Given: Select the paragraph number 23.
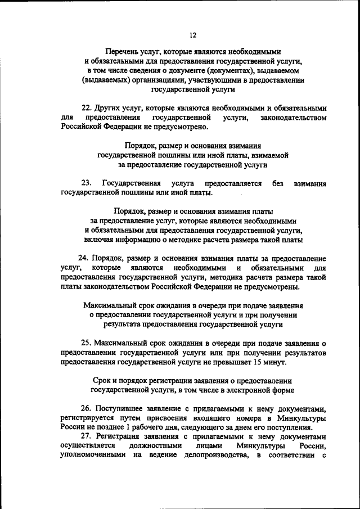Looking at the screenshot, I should point(86,183).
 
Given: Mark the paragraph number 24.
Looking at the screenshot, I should point(84,258).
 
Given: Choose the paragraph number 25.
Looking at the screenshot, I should point(85,343).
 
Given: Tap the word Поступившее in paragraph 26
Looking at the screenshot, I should point(118,409).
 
